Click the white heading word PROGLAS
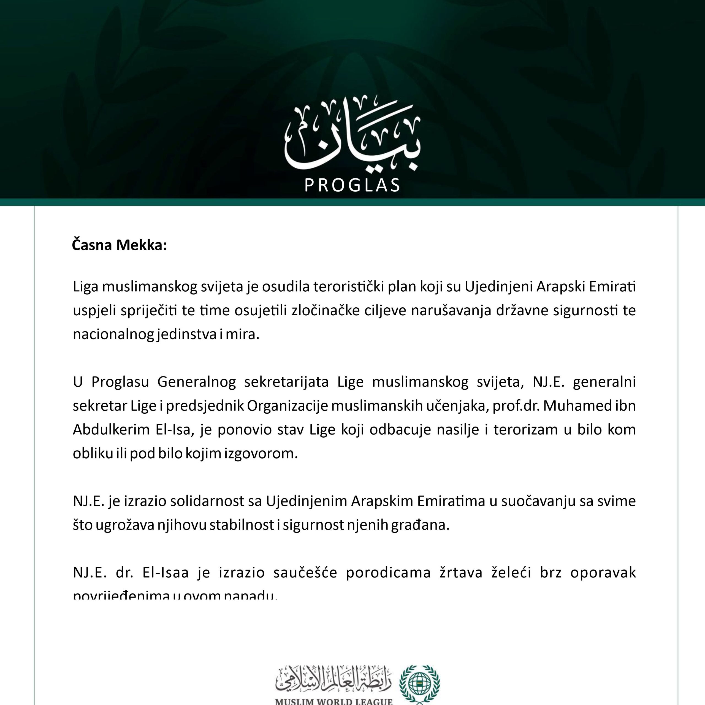[x=352, y=185]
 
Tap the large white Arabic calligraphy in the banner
[x=352, y=135]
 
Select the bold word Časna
[x=92, y=245]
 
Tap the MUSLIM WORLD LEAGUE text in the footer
[x=333, y=701]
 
